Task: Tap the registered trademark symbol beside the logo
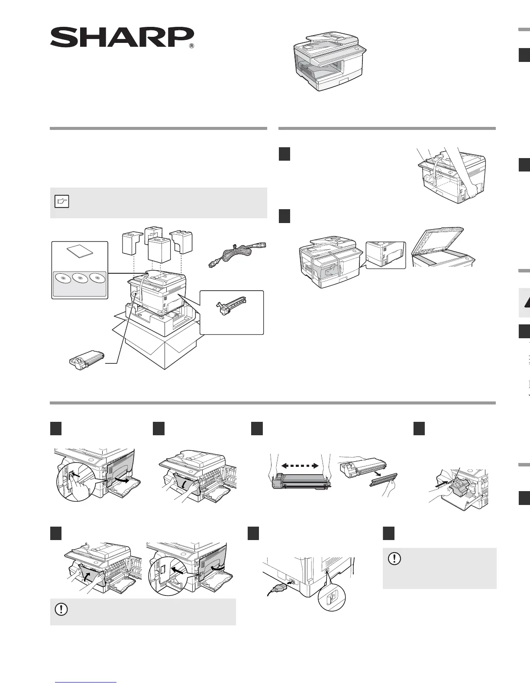191,46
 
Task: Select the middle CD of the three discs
80,277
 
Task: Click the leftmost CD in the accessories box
62,278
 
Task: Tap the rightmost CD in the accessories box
97,277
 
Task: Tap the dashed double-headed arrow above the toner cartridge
300,466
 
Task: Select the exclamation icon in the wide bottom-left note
61,609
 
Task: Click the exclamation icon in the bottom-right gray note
394,559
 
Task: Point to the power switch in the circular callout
332,599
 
